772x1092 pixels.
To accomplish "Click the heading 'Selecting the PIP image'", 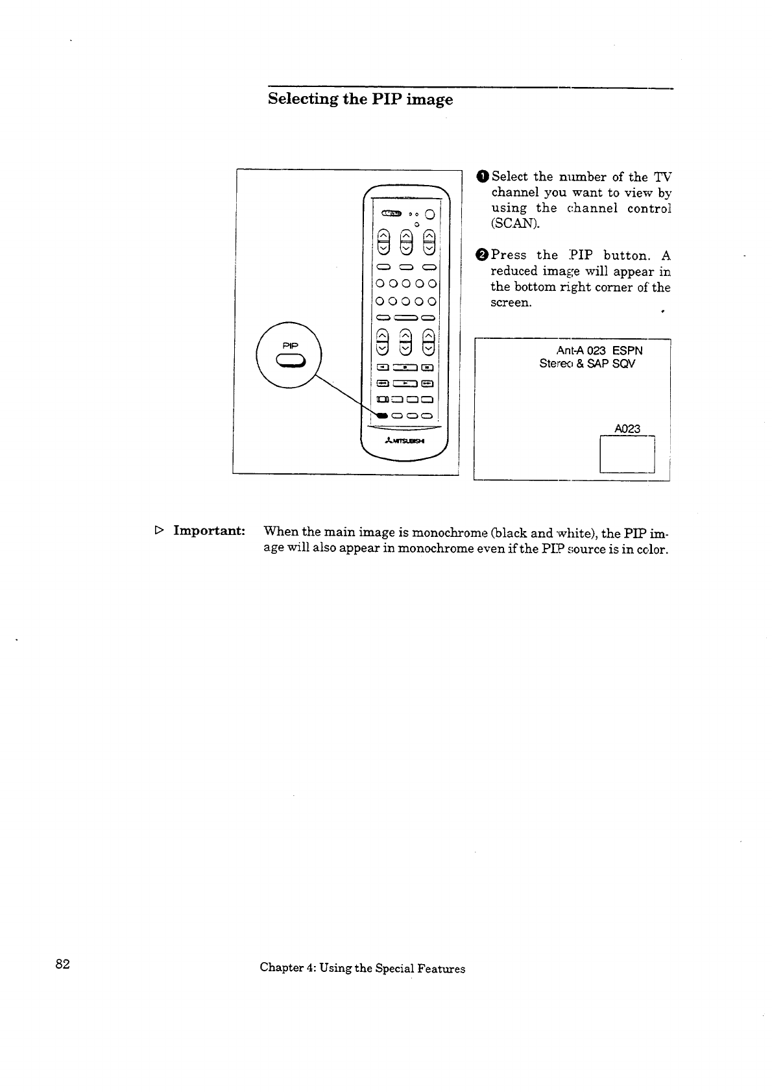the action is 360,99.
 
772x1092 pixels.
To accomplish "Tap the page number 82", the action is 62,963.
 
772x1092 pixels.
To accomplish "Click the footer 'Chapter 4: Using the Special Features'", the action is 362,968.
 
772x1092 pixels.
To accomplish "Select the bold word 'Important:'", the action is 209,530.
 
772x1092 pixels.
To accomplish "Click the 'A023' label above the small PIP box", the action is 627,428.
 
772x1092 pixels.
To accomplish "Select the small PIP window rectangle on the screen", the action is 627,454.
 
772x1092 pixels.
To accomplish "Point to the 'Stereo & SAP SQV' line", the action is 587,364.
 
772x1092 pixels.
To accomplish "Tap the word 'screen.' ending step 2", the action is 511,303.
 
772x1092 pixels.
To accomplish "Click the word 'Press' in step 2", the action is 509,255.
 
